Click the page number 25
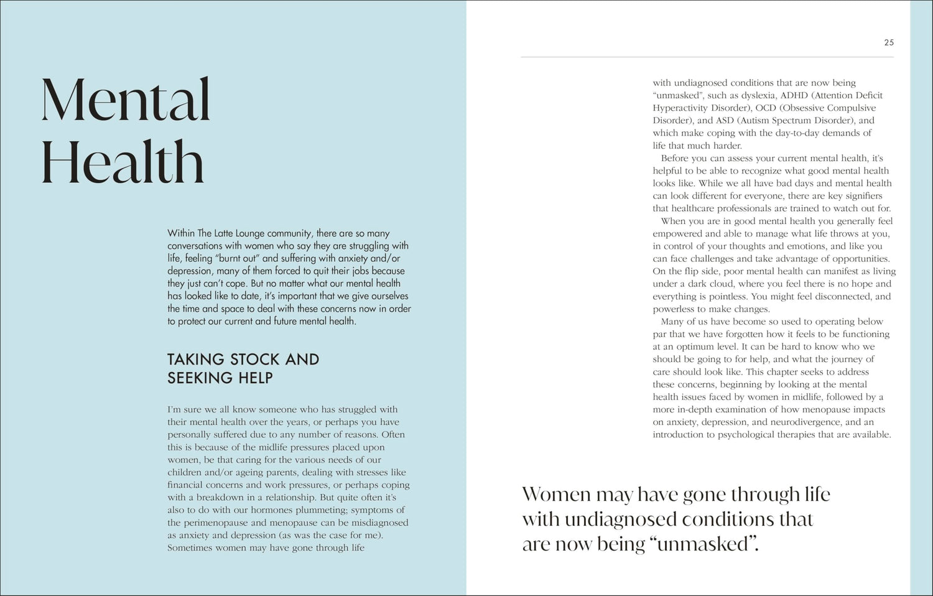tap(888, 42)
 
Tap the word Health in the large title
tap(123, 162)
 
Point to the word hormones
tap(242, 510)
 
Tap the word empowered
tap(678, 234)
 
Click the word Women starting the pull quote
tap(556, 495)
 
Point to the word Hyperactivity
tap(681, 108)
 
